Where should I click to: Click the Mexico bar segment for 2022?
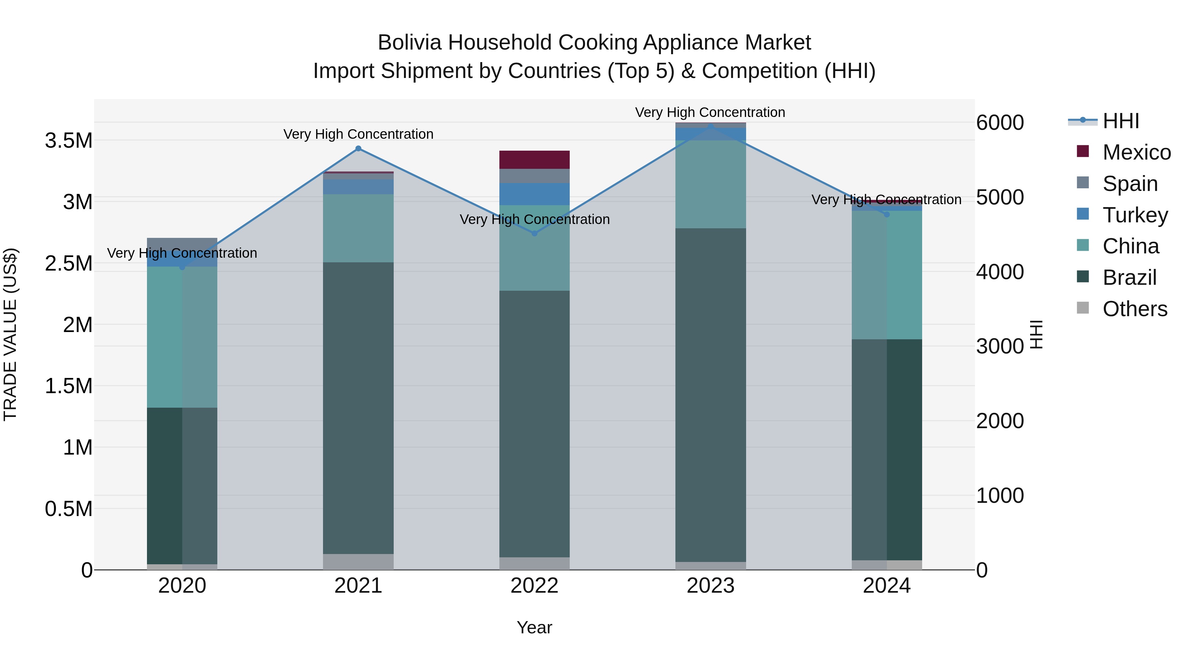tap(534, 160)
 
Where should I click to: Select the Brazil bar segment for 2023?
tap(710, 395)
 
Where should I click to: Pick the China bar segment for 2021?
tap(358, 228)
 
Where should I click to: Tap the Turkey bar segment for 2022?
tap(534, 194)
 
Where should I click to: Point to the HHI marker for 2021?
tap(358, 149)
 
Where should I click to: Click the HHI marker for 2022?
tap(534, 234)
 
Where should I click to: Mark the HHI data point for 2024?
tap(887, 214)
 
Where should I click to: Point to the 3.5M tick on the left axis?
tap(69, 141)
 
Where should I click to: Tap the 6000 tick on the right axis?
tap(1000, 123)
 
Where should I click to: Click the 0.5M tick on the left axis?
tap(69, 509)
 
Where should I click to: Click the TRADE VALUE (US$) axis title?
tap(10, 334)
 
